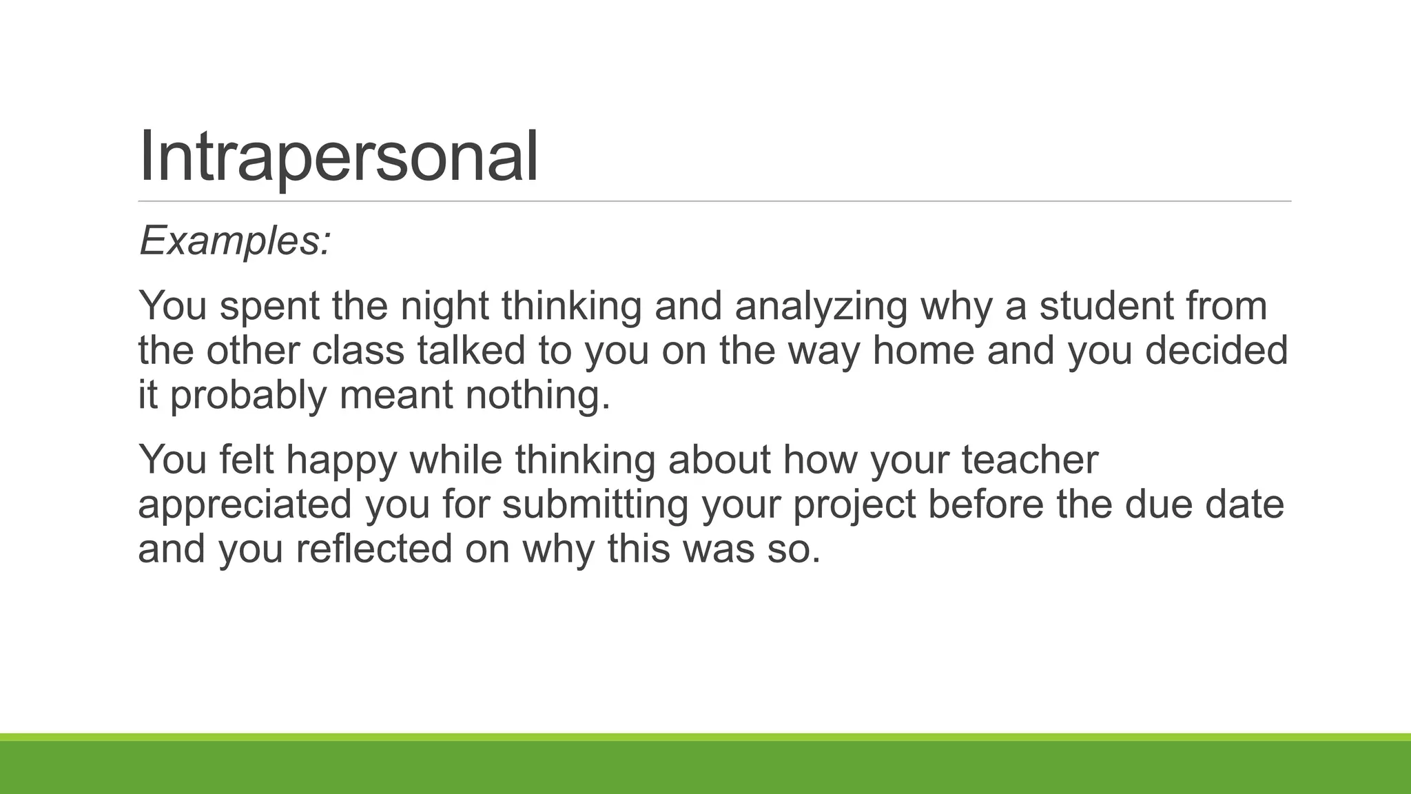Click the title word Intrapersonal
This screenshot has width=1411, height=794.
click(338, 156)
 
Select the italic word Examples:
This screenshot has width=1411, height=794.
click(235, 241)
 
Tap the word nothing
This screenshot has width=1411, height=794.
click(538, 396)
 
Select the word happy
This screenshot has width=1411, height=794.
click(342, 460)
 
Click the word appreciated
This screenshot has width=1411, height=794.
click(245, 505)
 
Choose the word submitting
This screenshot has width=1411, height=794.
click(595, 505)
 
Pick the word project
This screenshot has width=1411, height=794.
click(854, 505)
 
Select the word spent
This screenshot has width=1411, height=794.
click(269, 307)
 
